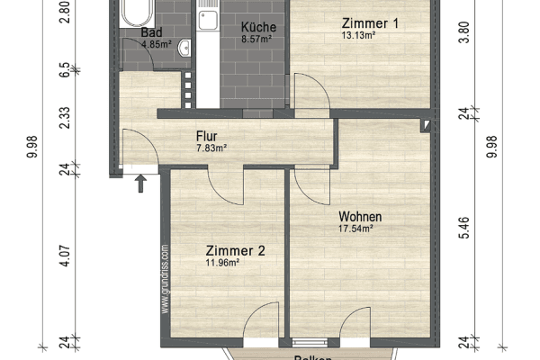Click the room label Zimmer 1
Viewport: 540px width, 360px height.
[x=369, y=22]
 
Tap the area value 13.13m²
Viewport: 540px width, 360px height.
[x=358, y=36]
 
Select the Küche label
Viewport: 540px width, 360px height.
[x=257, y=28]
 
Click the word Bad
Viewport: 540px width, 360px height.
[x=151, y=32]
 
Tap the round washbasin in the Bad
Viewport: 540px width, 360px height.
[x=184, y=49]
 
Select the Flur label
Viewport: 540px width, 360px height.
[x=207, y=137]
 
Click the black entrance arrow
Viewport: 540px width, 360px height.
[x=141, y=184]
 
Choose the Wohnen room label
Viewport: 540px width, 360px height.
[x=360, y=217]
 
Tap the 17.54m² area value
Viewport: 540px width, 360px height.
[x=355, y=229]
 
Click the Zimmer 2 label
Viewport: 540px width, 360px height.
[x=235, y=251]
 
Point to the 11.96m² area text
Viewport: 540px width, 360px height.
[x=222, y=263]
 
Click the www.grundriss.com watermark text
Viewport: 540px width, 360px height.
[x=165, y=279]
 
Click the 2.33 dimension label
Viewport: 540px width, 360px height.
[x=64, y=120]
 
